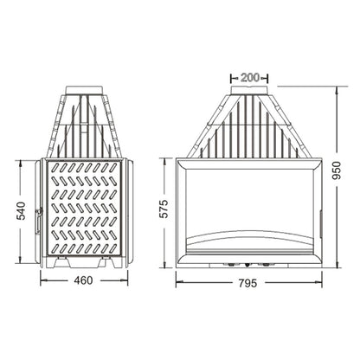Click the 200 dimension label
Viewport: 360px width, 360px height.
250,78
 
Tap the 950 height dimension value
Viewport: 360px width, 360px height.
337,170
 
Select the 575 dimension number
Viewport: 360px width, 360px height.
164,209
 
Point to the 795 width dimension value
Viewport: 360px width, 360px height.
247,283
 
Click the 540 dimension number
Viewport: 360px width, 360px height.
21,211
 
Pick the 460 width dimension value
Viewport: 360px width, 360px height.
83,280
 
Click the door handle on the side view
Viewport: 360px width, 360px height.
38,221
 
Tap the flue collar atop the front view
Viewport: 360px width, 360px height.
249,90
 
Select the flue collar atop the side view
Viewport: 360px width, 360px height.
84,90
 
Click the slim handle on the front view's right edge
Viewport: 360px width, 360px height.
319,224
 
